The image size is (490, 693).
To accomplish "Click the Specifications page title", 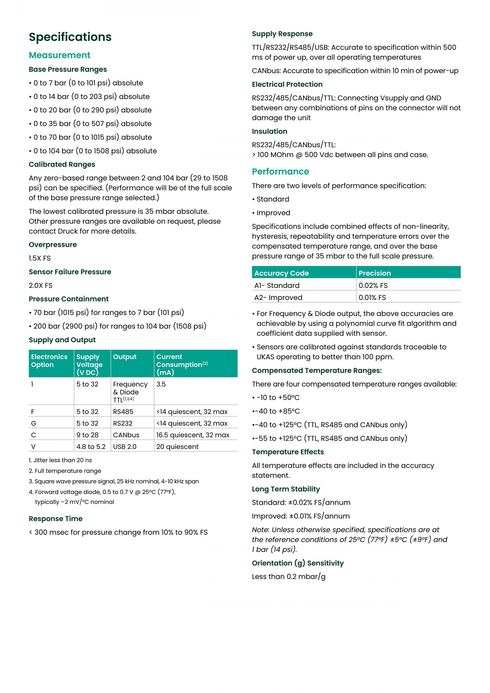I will (x=70, y=37).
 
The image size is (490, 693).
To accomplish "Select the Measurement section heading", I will (x=59, y=55).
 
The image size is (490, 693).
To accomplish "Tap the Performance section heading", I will (x=280, y=172).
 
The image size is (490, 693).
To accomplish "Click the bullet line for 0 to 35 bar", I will (x=92, y=124).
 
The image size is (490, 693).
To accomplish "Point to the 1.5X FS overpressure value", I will (x=40, y=258).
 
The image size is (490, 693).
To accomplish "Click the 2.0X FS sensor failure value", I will (x=40, y=286).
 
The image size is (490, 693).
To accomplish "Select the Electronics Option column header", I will (x=49, y=361).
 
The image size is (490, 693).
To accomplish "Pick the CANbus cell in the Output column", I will (x=126, y=435).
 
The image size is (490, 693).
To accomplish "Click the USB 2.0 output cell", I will (x=125, y=447).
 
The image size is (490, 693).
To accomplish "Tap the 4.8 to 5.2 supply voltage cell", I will (x=91, y=447).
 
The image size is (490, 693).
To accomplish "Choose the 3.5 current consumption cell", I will (x=161, y=384).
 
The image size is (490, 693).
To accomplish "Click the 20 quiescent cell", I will (x=177, y=447).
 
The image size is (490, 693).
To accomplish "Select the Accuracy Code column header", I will (x=281, y=273).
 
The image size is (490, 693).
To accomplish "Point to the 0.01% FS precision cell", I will (x=372, y=298).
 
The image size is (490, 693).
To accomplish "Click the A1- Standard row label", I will (x=277, y=286).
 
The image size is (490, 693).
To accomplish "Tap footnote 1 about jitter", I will (x=60, y=460).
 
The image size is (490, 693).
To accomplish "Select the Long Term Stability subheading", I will (x=286, y=489).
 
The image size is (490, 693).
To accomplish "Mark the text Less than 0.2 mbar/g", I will (x=288, y=577).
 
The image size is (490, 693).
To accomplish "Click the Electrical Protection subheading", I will (x=287, y=84).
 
